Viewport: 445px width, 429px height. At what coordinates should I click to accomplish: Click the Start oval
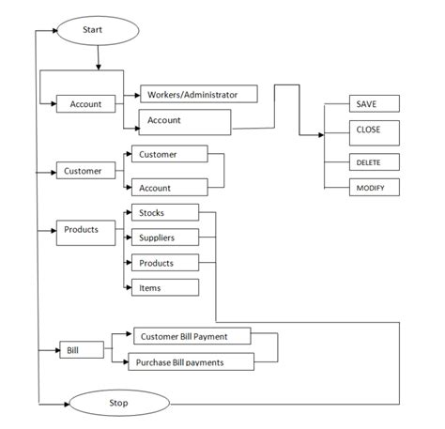pos(98,31)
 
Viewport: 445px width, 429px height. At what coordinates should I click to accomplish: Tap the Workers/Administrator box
pos(200,95)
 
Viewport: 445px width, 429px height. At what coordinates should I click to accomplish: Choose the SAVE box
pos(361,104)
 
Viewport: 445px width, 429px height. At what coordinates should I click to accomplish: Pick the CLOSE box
pos(361,131)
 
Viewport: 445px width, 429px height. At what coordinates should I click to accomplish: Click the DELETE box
pos(361,162)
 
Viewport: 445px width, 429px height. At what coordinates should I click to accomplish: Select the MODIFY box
pos(361,188)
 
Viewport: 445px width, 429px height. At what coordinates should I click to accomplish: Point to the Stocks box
pos(164,213)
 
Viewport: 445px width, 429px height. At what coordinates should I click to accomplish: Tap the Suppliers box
pos(164,237)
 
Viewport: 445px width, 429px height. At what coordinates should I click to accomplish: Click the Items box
pos(164,287)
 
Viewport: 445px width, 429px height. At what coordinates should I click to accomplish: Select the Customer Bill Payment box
pos(193,335)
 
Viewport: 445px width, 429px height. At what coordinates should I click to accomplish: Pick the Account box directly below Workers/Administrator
pos(185,121)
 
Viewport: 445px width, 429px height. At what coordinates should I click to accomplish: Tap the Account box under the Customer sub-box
pos(169,188)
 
